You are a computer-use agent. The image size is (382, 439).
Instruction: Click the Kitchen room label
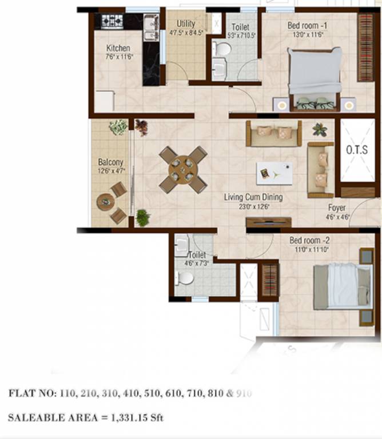click(118, 48)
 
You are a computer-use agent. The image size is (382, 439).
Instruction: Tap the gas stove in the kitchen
click(112, 22)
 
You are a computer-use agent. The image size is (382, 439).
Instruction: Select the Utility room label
click(186, 24)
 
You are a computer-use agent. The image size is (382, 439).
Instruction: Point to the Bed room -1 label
click(308, 25)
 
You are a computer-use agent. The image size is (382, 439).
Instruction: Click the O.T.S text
click(358, 151)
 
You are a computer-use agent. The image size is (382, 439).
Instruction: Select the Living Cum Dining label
click(253, 197)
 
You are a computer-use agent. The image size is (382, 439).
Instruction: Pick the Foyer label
click(337, 207)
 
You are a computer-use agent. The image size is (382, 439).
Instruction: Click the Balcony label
click(110, 162)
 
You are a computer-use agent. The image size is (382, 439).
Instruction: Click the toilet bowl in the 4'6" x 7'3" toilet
click(185, 278)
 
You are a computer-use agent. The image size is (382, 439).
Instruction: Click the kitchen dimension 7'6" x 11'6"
click(118, 57)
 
